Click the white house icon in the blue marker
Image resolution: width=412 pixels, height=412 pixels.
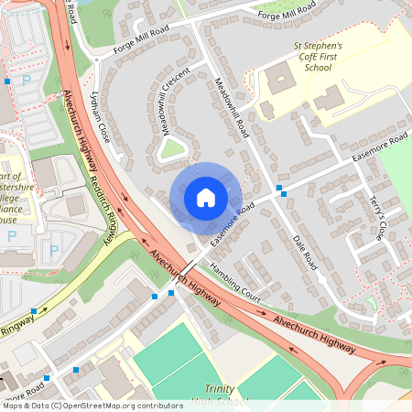click(x=206, y=197)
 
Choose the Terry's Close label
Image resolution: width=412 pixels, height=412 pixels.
click(x=377, y=218)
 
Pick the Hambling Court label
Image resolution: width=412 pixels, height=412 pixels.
click(x=235, y=283)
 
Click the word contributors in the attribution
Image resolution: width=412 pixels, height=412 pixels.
click(x=156, y=405)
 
